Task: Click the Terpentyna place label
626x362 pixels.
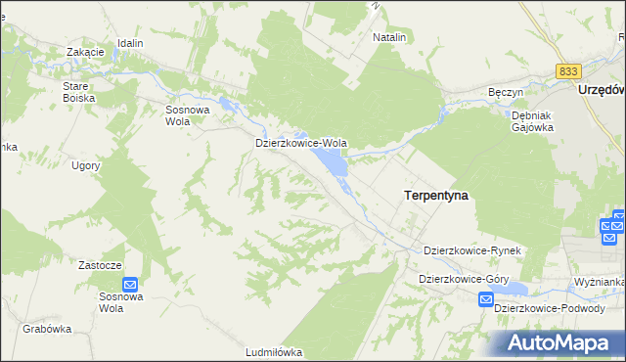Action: [x=435, y=196]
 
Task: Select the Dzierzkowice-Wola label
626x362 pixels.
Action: [x=301, y=143]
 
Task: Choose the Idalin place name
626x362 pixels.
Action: [x=130, y=44]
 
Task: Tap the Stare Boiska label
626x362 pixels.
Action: [x=77, y=92]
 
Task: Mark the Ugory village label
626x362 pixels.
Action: [x=86, y=165]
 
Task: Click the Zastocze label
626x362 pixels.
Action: [x=99, y=265]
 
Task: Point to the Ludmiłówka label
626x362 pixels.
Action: [x=274, y=352]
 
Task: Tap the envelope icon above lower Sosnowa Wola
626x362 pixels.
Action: [x=130, y=284]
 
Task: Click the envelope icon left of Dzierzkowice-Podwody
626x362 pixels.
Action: [x=486, y=303]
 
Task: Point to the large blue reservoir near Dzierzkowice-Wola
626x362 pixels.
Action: [x=335, y=165]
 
